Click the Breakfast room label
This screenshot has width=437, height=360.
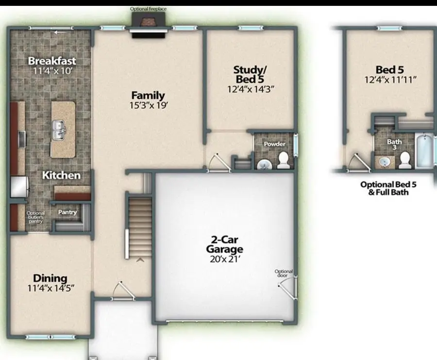(x=51, y=61)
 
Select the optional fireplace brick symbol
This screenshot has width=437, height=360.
(x=148, y=21)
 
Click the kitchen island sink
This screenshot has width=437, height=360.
(x=59, y=130)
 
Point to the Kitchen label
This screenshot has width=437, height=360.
(x=61, y=175)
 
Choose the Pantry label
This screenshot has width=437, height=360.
(x=67, y=212)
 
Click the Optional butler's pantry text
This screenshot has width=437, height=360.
(x=35, y=217)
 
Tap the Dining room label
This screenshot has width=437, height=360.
(x=50, y=278)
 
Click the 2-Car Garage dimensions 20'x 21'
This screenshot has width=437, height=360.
(x=224, y=259)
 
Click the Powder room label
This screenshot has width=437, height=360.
(x=274, y=144)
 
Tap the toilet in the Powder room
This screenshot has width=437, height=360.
(x=283, y=161)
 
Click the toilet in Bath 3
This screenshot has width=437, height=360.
(x=404, y=160)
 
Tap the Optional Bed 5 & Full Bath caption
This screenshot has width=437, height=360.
(x=388, y=188)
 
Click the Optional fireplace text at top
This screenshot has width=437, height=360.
(x=148, y=9)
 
